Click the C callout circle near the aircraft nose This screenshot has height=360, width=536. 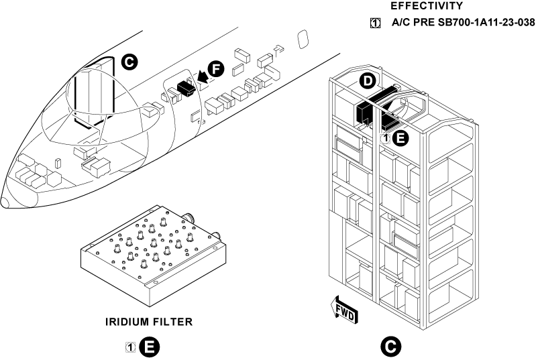[x=130, y=63]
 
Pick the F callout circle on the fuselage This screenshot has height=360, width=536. [x=215, y=69]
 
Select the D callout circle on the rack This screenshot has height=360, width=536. [x=366, y=81]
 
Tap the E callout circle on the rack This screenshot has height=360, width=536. [x=399, y=138]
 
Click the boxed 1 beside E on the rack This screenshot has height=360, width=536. [x=386, y=138]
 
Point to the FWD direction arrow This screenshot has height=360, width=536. [x=343, y=311]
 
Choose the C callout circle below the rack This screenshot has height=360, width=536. [x=390, y=347]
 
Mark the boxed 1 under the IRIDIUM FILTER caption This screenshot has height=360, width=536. [x=131, y=347]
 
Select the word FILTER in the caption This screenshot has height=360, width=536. [x=175, y=322]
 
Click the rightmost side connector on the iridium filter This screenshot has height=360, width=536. [x=218, y=234]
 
